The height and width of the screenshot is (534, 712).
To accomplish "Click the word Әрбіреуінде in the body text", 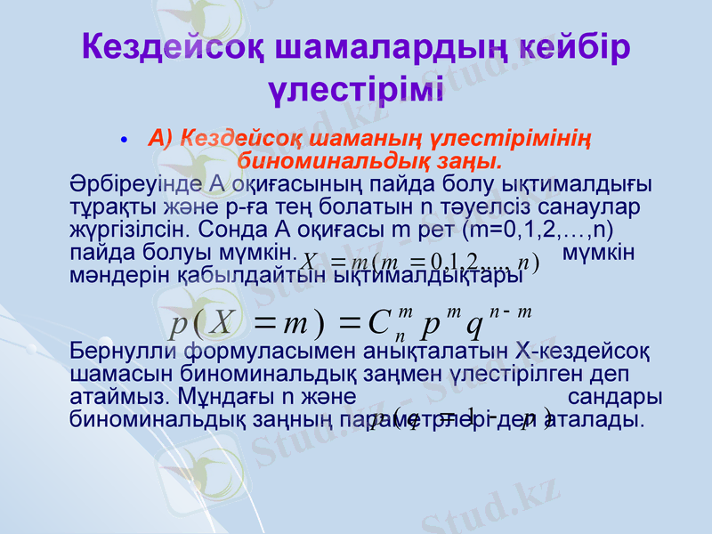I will tap(134, 184).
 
